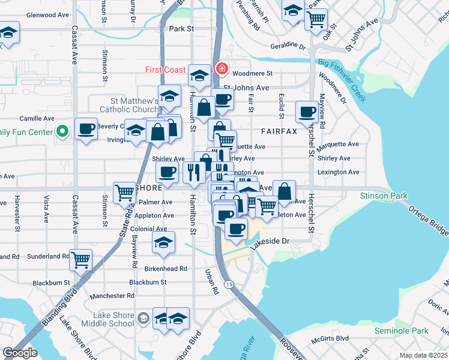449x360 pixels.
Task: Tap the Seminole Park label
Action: pos(402,331)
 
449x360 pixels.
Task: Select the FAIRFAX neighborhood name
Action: pos(279,131)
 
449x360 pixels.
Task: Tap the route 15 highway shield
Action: pos(229,284)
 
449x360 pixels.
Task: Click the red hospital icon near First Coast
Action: pos(222,69)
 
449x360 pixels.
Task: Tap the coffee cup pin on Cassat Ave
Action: pos(86,128)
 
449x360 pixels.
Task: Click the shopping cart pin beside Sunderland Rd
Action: pos(81,260)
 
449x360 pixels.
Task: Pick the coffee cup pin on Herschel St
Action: pos(307,111)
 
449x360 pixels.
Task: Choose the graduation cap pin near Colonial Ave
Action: pos(163,243)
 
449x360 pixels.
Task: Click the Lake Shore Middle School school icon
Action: pos(143,318)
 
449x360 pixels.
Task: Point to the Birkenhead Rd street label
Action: pos(166,268)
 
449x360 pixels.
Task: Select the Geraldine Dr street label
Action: pos(288,45)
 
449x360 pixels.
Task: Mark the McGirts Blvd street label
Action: pos(333,338)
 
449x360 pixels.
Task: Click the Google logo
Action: pos(20,353)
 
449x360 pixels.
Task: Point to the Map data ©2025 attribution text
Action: pos(423,355)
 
